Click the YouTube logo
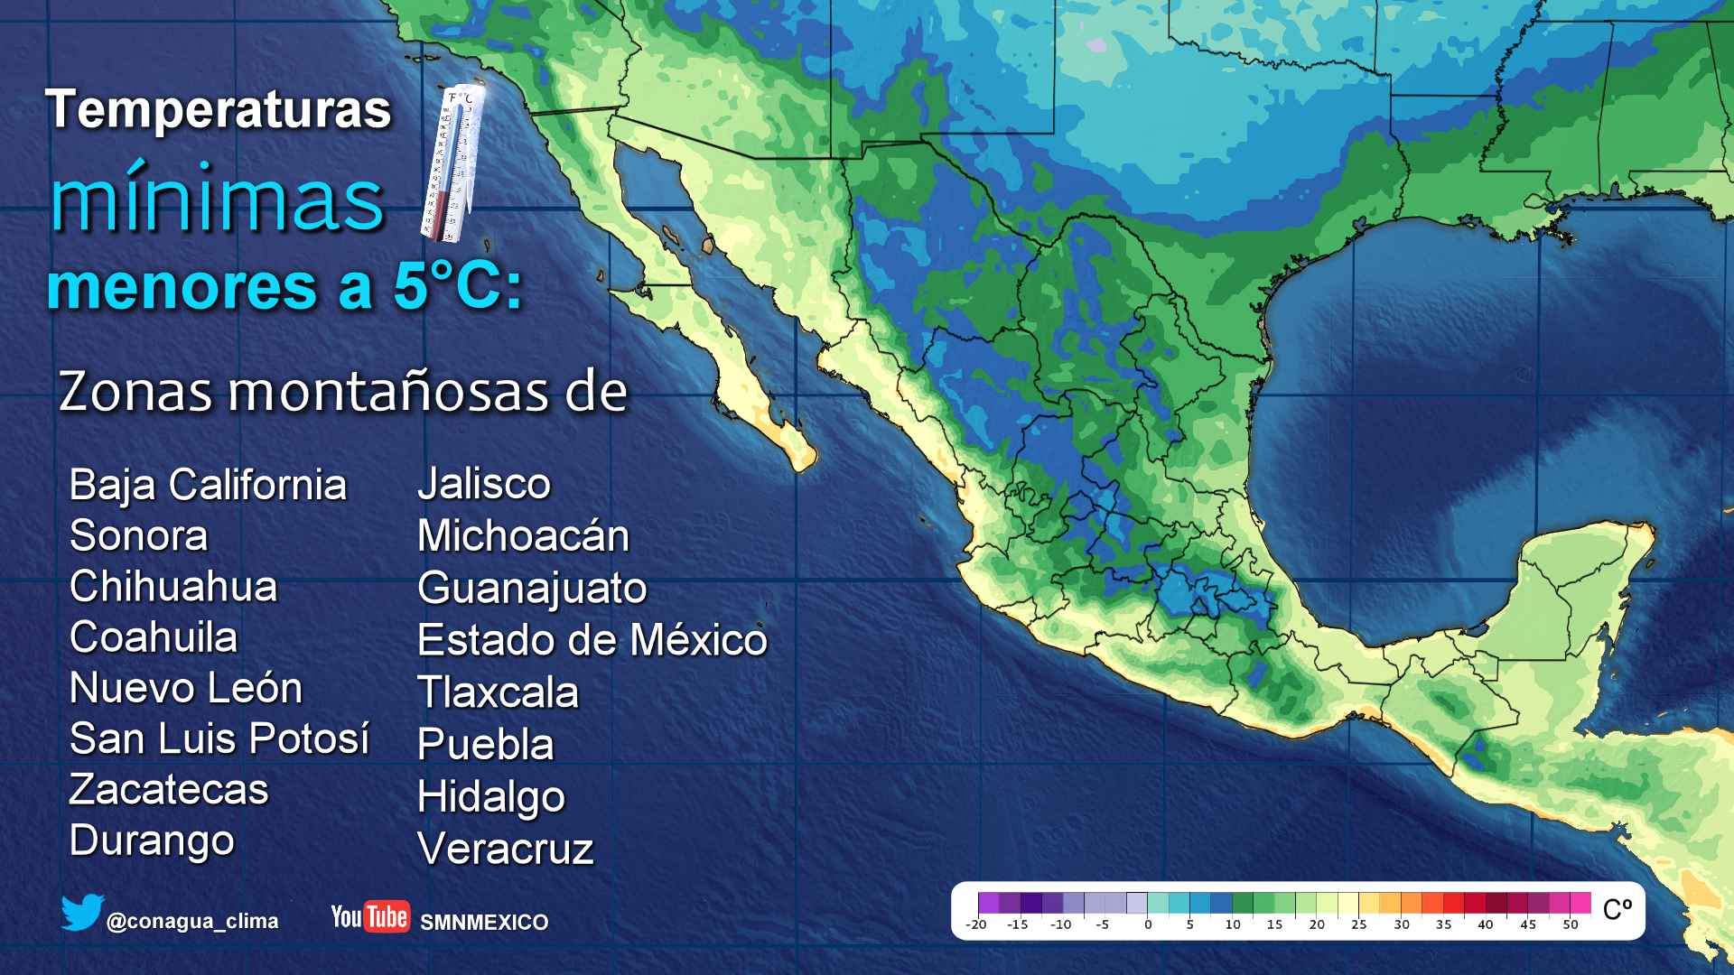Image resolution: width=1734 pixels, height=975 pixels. click(370, 917)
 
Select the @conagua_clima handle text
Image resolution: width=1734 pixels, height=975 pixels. click(192, 922)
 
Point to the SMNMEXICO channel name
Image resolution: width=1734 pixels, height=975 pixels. click(484, 923)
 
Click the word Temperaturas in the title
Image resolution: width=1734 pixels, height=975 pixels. click(219, 110)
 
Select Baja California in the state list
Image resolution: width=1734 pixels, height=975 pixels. click(208, 485)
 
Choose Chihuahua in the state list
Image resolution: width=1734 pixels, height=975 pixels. click(173, 587)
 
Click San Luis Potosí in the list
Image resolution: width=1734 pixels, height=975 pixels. click(219, 738)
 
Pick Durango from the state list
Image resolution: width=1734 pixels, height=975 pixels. click(152, 840)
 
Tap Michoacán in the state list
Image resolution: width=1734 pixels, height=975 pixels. click(523, 536)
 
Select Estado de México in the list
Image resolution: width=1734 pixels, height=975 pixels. click(592, 640)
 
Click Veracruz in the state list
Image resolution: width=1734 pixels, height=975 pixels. click(505, 849)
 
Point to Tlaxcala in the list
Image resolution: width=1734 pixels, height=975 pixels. click(498, 692)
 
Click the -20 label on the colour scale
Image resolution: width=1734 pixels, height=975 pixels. click(975, 924)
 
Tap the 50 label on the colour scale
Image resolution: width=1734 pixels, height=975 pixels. click(1571, 924)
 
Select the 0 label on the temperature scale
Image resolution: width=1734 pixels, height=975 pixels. click(1148, 924)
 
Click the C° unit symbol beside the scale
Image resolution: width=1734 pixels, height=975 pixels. click(1617, 909)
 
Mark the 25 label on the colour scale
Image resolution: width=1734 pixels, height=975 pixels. click(1359, 924)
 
